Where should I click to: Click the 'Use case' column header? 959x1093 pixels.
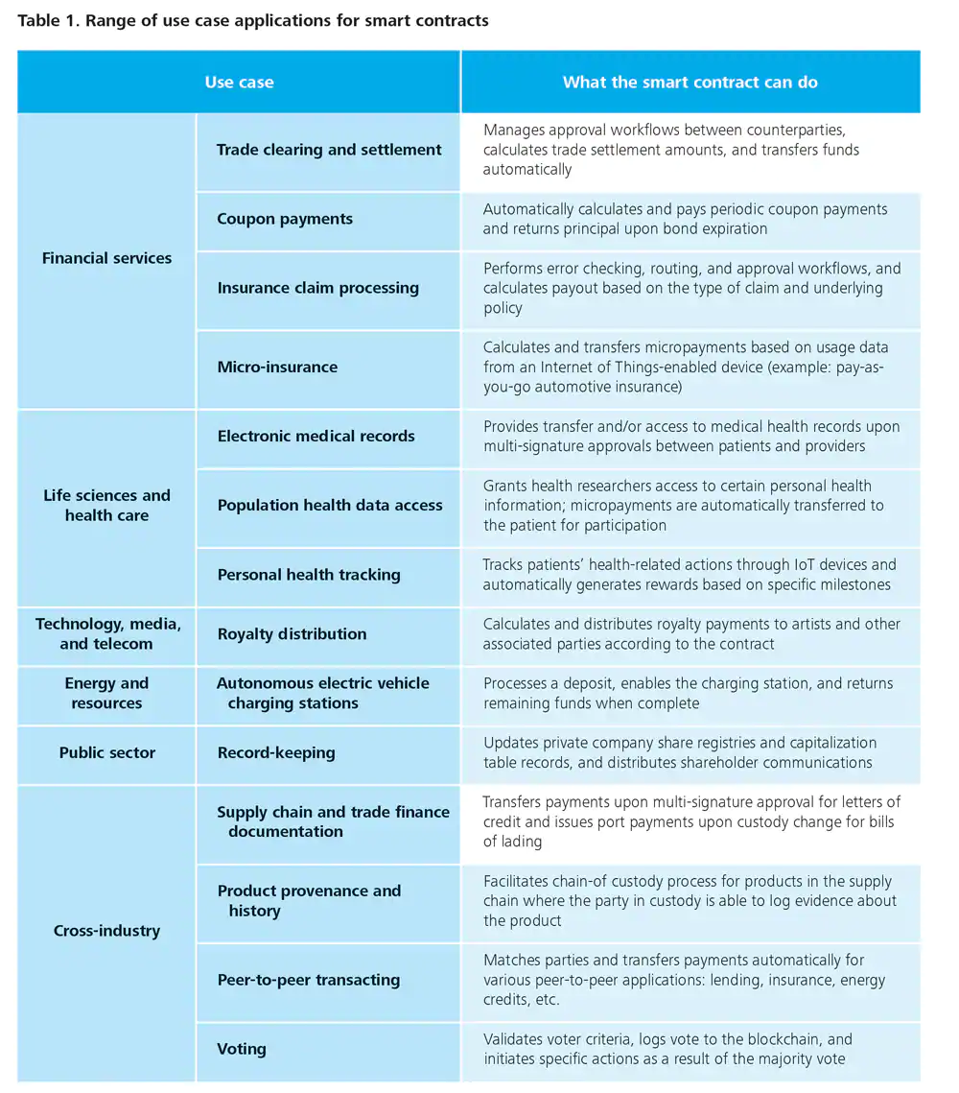tap(239, 83)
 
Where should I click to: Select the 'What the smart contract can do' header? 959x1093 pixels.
tap(690, 83)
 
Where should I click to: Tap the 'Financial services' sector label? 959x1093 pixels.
tap(106, 258)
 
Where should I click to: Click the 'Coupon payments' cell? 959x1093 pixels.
tap(285, 219)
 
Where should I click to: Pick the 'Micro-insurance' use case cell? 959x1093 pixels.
tap(277, 367)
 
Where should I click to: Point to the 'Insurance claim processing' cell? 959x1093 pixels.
tap(317, 288)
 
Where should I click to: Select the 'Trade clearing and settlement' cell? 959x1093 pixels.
tap(329, 150)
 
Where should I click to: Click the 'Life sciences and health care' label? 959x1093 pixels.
tap(106, 506)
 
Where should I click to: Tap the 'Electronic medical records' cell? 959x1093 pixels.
tap(316, 436)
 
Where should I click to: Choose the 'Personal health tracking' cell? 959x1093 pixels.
tap(309, 575)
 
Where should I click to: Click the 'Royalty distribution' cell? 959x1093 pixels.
tap(292, 634)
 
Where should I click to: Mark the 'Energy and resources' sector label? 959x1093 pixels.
tap(106, 693)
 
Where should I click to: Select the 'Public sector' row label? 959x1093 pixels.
tap(106, 752)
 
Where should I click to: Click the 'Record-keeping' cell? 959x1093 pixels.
tap(276, 752)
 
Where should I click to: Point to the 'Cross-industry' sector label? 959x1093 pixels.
tap(106, 931)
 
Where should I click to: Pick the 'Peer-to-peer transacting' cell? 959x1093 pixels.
tap(308, 980)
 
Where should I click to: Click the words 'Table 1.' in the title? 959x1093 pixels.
tap(47, 20)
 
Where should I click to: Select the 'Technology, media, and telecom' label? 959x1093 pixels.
tap(106, 634)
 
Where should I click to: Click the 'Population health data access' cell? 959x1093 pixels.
tap(330, 506)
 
